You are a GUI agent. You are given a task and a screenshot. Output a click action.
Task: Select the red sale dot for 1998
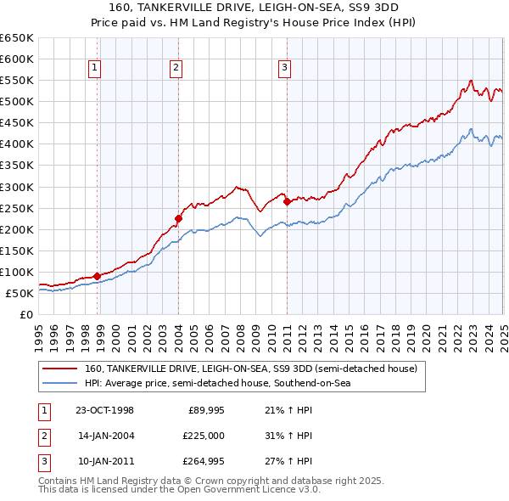97,275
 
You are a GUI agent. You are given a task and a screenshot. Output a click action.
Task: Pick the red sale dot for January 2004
178,218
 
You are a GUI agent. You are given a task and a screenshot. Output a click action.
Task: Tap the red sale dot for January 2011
287,201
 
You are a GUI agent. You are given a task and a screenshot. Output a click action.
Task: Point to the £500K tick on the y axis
18,101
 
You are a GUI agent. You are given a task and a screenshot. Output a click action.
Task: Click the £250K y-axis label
18,208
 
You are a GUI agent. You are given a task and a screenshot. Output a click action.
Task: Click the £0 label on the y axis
25,314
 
